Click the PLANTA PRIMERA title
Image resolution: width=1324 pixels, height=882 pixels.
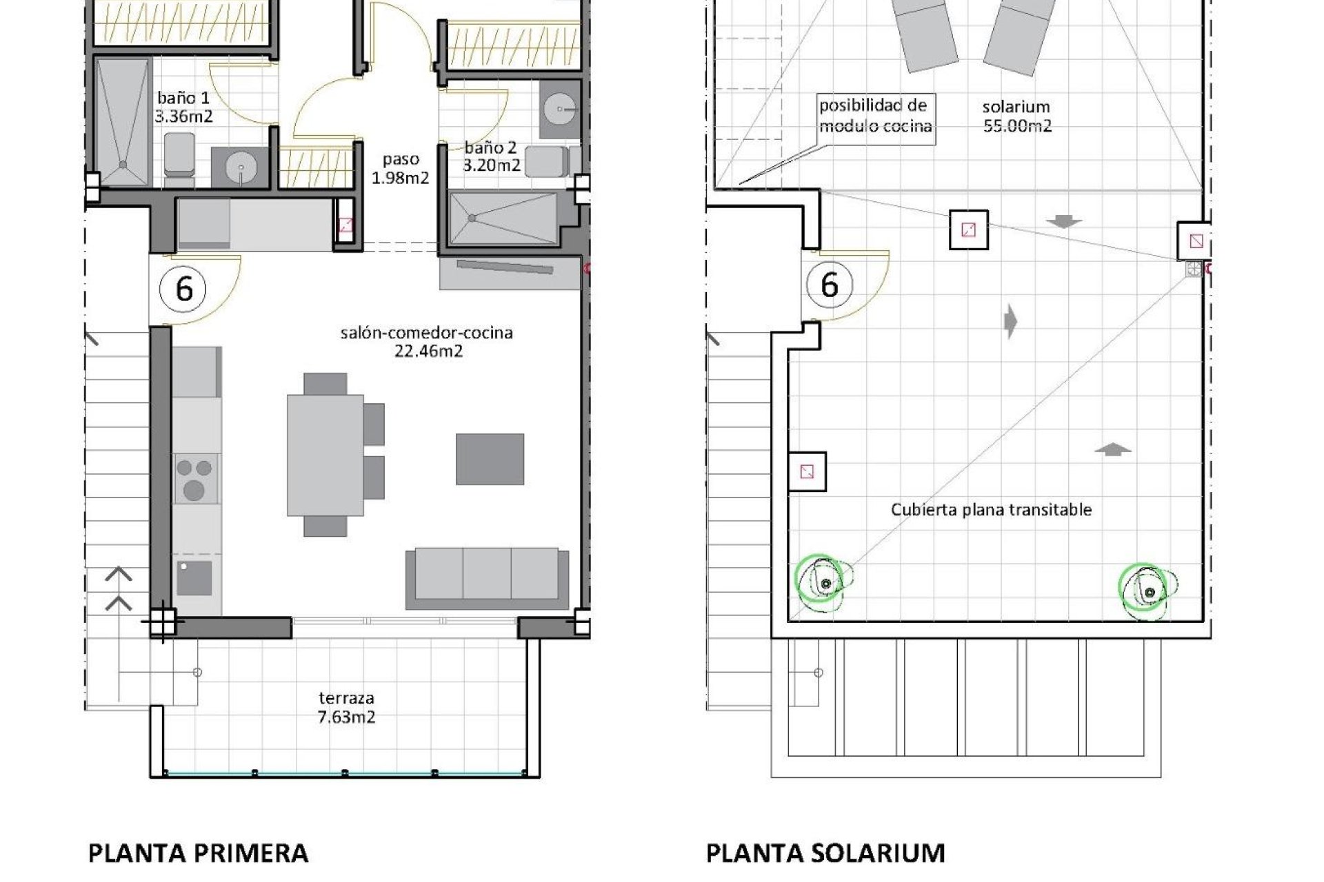click(198, 853)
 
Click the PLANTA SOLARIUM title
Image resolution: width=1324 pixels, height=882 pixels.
click(825, 853)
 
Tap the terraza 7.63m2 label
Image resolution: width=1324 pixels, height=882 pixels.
click(347, 708)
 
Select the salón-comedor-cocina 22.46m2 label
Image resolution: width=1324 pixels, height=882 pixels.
click(427, 342)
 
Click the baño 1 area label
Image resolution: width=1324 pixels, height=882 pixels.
click(183, 107)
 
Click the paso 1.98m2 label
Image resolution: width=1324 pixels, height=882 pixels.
click(401, 168)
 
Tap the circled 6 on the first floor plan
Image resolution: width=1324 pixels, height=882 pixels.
click(184, 288)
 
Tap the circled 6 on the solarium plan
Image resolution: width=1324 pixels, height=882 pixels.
click(830, 284)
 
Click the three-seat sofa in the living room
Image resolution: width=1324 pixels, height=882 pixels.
click(487, 577)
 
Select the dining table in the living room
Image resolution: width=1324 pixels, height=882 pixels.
click(325, 455)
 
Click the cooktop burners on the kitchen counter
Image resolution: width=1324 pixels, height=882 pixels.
click(194, 478)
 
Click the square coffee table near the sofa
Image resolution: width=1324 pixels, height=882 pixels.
click(490, 459)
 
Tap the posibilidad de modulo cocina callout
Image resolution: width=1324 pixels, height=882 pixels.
click(875, 116)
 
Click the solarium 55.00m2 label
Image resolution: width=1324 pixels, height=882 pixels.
click(1016, 116)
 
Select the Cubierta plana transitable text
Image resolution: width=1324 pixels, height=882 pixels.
click(991, 510)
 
